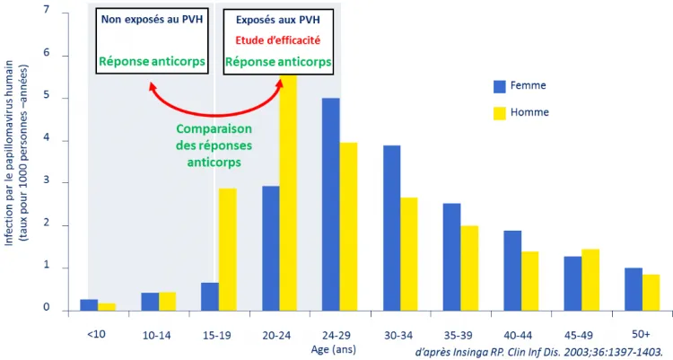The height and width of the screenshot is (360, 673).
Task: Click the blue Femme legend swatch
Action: [500, 86]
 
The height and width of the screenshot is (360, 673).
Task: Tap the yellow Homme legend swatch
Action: [500, 113]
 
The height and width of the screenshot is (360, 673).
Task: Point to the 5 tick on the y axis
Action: [43, 99]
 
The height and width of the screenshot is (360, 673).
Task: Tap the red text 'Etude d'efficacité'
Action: [277, 40]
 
